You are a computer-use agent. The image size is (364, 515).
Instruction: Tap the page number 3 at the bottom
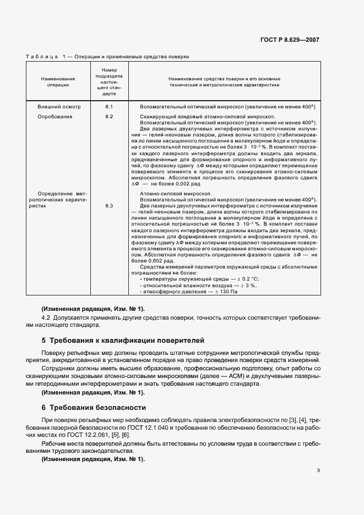point(318,470)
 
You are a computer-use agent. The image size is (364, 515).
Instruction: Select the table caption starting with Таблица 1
point(107,57)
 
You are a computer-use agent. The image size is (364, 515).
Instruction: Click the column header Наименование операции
point(58,82)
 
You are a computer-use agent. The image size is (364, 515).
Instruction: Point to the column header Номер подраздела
point(108,82)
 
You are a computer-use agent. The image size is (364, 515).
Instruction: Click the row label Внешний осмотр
point(59,106)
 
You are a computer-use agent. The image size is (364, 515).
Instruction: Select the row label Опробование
point(55,117)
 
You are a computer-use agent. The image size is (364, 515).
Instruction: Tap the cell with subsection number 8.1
point(108,106)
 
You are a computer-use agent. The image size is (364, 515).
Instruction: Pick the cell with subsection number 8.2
point(108,117)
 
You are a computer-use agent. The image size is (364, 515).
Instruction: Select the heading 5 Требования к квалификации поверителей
point(123,341)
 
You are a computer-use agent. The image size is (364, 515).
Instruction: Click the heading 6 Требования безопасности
point(94,408)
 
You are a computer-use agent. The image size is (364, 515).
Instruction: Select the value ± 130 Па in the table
point(232,291)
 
